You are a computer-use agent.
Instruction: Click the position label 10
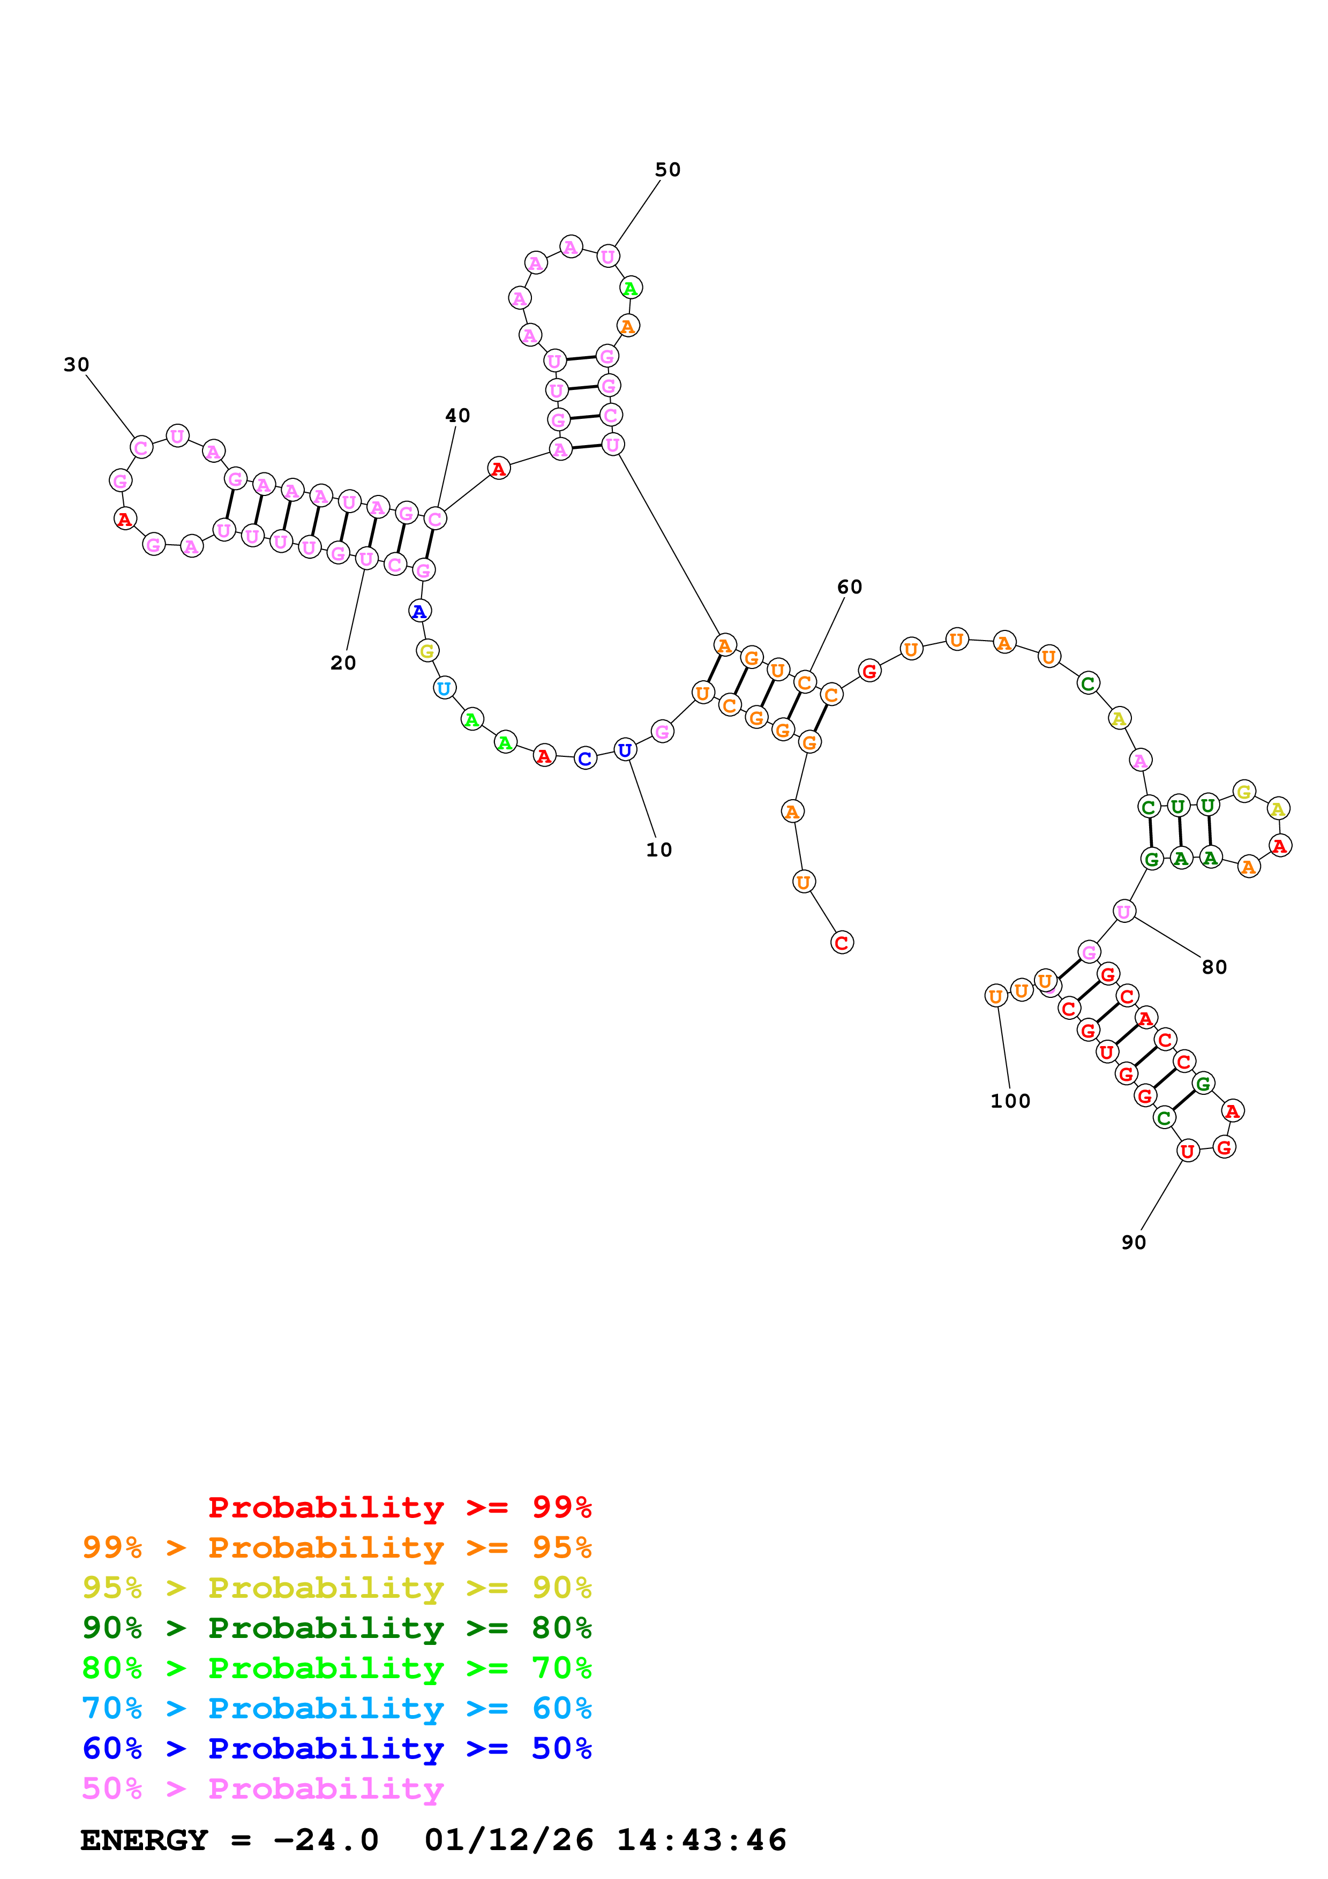click(659, 850)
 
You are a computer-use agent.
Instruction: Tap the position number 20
click(343, 663)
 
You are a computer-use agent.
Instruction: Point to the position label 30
click(76, 364)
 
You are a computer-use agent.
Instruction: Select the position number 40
click(457, 415)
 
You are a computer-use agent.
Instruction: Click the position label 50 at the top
click(667, 169)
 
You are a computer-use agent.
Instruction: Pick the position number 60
click(849, 587)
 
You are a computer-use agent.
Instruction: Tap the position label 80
click(1214, 967)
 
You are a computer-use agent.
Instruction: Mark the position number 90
click(1133, 1242)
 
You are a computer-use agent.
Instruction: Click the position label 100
click(1010, 1101)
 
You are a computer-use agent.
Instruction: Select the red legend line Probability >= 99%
click(400, 1507)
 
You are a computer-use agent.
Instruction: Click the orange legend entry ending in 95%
click(337, 1547)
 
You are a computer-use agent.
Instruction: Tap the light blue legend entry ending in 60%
click(337, 1708)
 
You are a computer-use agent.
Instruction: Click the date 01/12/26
click(509, 1840)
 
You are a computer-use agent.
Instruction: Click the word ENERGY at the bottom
click(144, 1840)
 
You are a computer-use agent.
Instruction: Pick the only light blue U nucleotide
click(444, 688)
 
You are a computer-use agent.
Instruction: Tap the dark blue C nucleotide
click(585, 758)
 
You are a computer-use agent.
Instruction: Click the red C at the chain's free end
click(842, 943)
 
